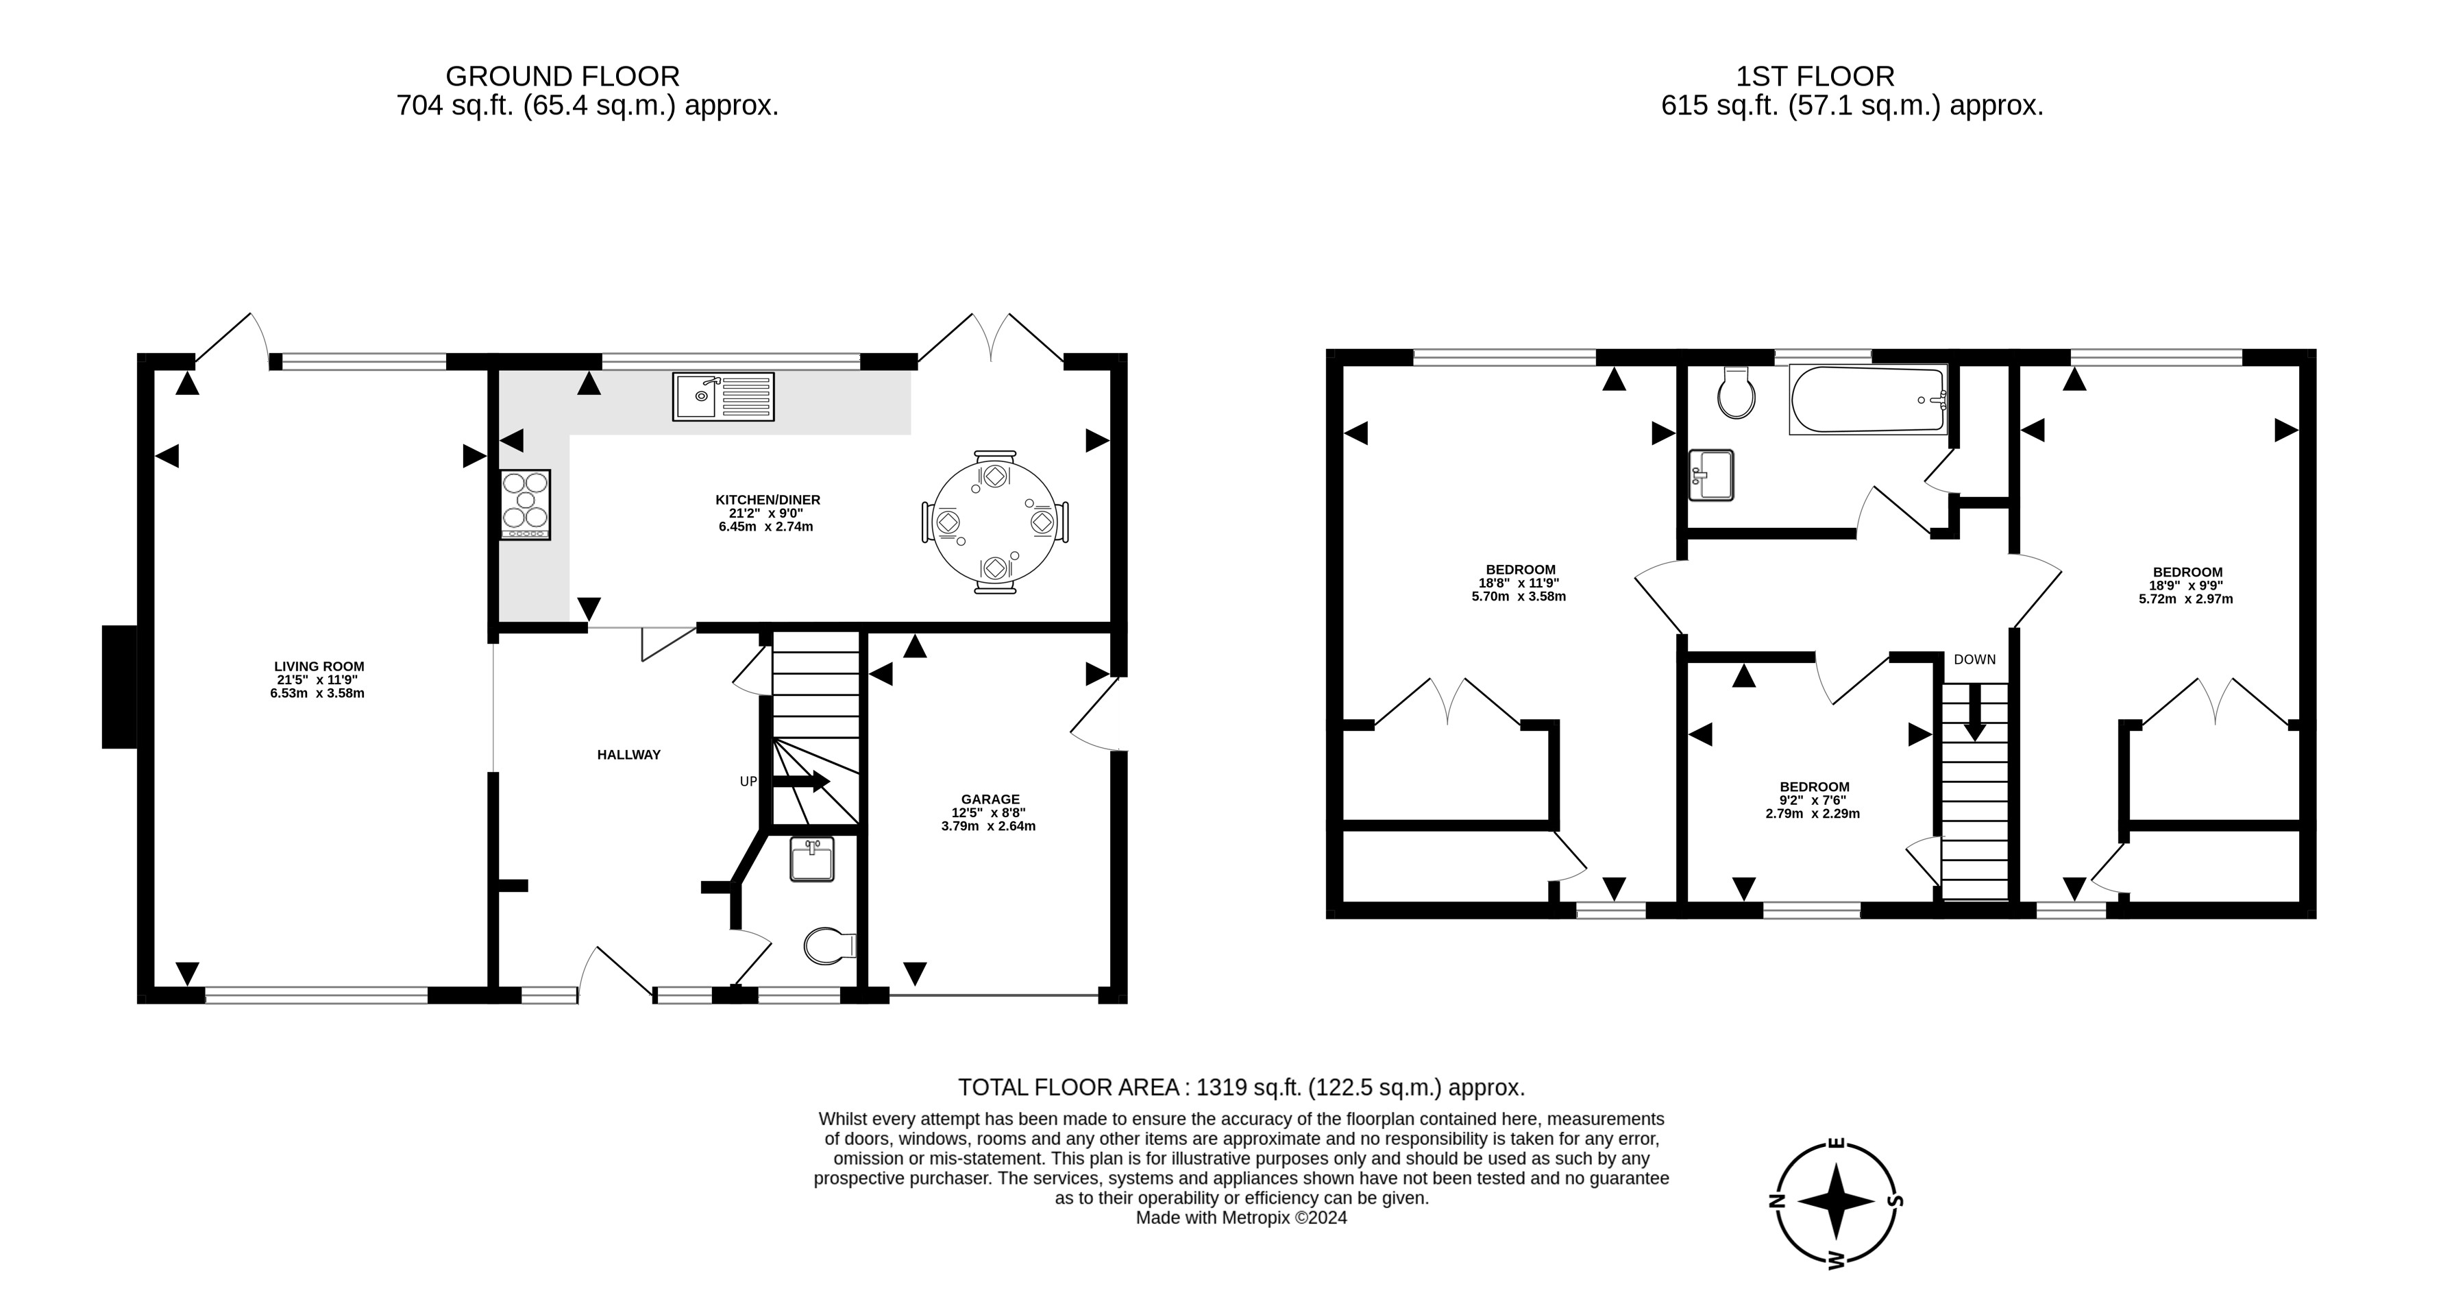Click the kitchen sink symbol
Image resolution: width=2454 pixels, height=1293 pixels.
723,396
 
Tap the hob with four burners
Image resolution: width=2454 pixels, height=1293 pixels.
525,505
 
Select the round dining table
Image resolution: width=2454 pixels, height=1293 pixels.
994,522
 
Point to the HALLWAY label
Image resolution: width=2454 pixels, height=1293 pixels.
628,755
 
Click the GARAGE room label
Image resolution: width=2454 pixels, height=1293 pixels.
990,799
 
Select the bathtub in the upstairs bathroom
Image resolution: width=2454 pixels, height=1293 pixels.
1867,399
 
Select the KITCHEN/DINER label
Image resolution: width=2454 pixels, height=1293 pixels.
767,499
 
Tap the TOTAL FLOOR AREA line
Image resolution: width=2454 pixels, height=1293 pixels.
1240,1087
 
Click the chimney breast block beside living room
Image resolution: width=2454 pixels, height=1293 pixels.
120,686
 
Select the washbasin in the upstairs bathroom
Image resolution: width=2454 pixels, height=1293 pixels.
1711,474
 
